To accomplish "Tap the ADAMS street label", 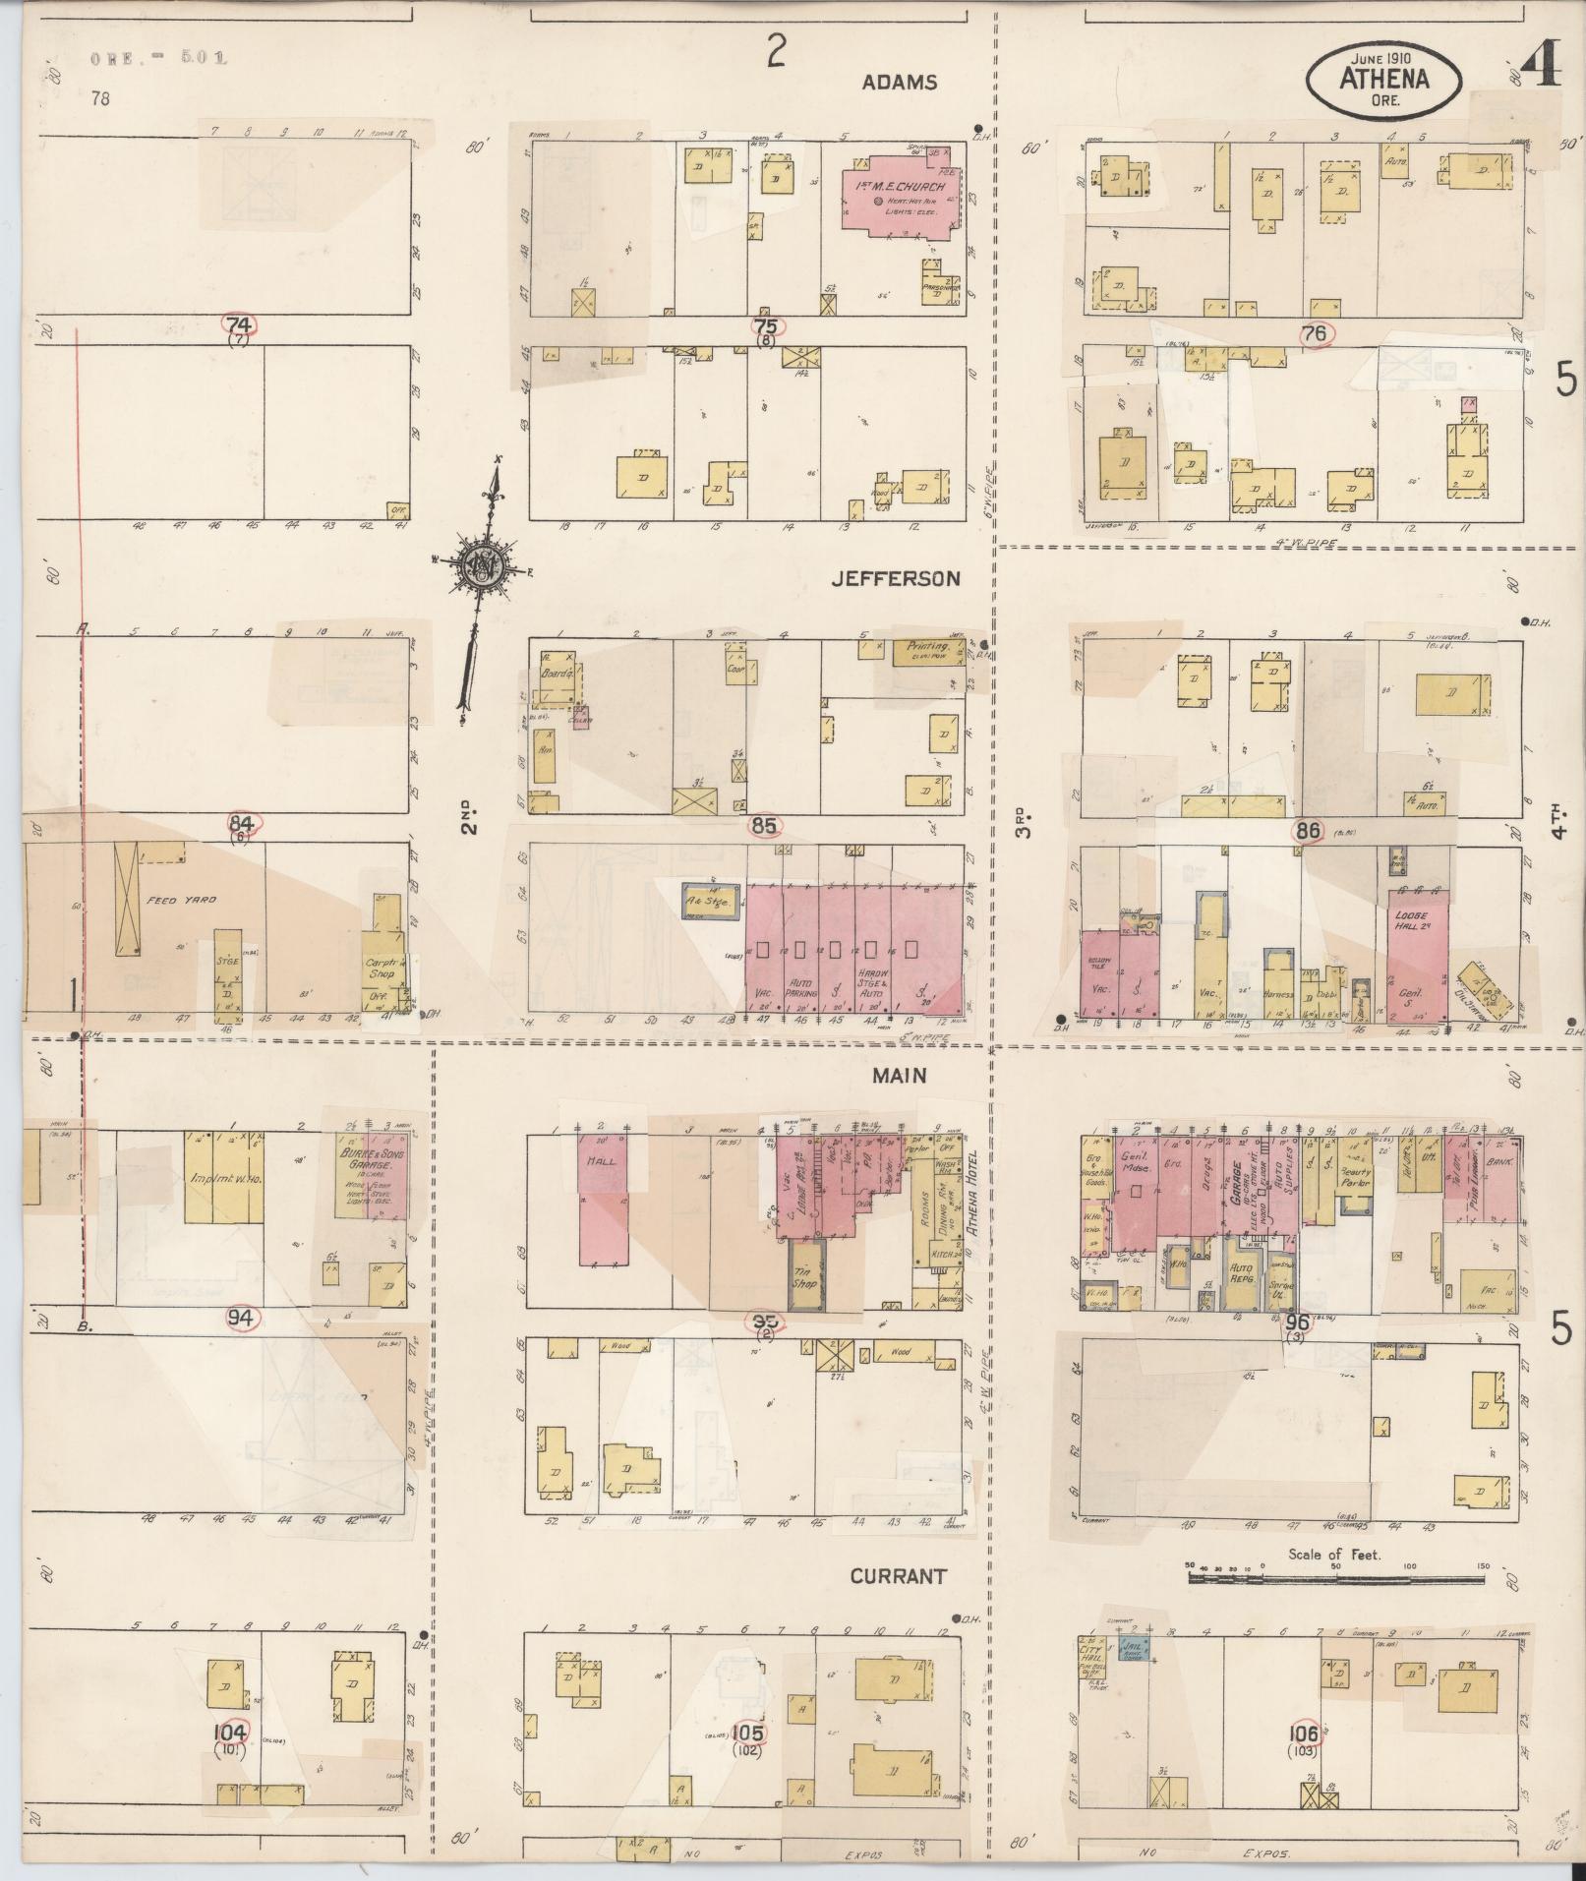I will pyautogui.click(x=899, y=83).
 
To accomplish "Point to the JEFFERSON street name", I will pyautogui.click(x=895, y=579).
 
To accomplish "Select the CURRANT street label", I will pyautogui.click(x=899, y=1576).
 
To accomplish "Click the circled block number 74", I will pyautogui.click(x=239, y=325).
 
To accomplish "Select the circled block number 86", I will pyautogui.click(x=1307, y=830).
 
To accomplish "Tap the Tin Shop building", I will pyautogui.click(x=805, y=1277).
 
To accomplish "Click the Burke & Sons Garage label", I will pyautogui.click(x=367, y=1154).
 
